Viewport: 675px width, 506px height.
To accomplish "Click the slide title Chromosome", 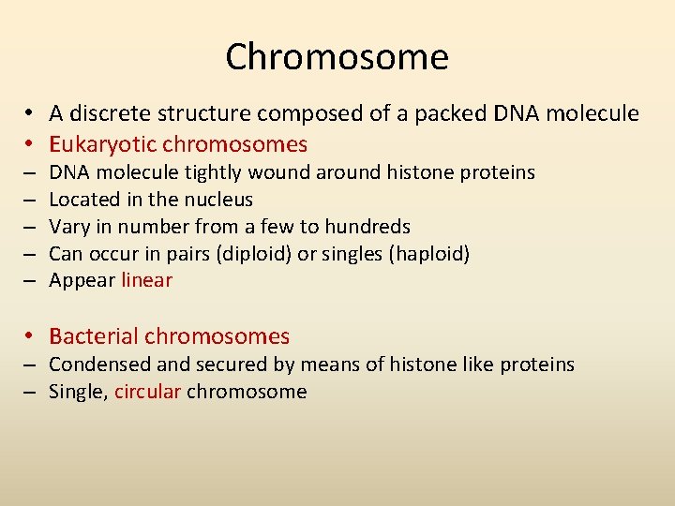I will [x=337, y=57].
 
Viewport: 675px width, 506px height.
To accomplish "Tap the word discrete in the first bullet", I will [x=107, y=114].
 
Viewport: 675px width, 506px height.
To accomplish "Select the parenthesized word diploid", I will [x=258, y=254].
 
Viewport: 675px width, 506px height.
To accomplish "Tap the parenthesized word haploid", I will [x=433, y=254].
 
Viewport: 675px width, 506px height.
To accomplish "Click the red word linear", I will [x=147, y=280].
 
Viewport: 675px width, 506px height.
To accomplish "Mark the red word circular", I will [x=147, y=392].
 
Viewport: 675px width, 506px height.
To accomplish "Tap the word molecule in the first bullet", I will [x=592, y=114].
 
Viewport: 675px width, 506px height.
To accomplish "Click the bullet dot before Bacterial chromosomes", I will [x=31, y=336].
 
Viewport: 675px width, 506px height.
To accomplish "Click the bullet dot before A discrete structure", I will [x=31, y=114].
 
